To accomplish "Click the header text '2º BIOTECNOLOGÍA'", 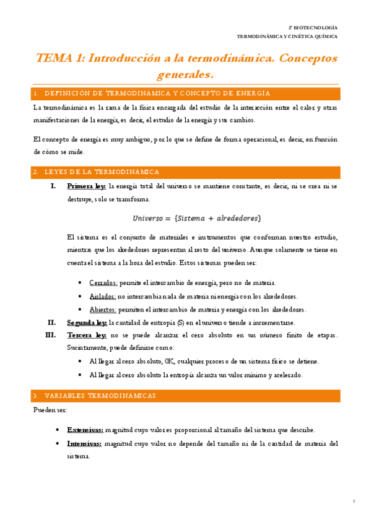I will (313, 28).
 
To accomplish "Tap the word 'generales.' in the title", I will (185, 74).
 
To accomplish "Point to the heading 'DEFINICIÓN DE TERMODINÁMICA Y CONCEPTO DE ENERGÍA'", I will (157, 93).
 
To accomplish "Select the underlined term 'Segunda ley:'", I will (87, 323).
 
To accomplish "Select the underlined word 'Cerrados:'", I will (103, 282).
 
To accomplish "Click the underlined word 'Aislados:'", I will (102, 296).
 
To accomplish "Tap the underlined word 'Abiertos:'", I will (103, 310).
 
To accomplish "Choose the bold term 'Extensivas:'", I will (85, 429).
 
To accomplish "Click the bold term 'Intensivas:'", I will (85, 443).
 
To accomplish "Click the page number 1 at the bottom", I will (353, 501).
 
